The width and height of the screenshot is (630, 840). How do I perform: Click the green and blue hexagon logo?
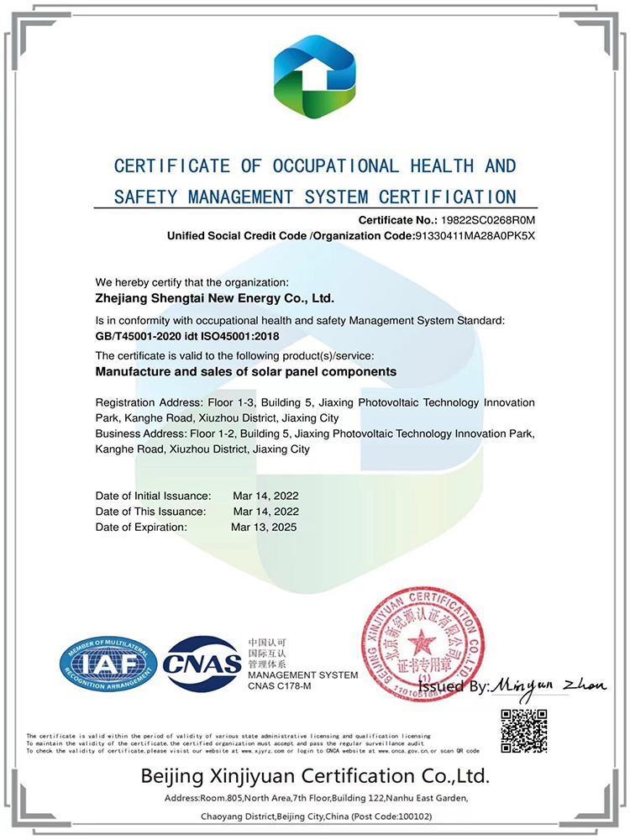[x=315, y=71]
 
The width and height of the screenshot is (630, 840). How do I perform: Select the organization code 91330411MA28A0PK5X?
[x=475, y=235]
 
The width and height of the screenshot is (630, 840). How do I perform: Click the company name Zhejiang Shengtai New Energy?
[x=215, y=297]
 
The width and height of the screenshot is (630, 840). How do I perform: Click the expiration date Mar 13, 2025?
[x=264, y=527]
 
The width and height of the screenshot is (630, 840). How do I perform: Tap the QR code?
[x=523, y=730]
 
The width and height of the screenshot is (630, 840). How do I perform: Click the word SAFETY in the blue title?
[x=142, y=197]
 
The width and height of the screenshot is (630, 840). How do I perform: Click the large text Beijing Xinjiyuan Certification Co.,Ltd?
[x=315, y=774]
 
